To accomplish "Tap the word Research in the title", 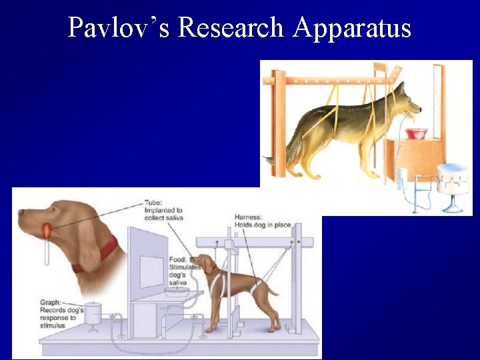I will click(x=230, y=27).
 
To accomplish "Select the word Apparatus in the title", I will click(x=351, y=27).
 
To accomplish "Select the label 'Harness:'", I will click(x=249, y=217).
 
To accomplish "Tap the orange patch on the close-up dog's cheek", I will click(x=47, y=230).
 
